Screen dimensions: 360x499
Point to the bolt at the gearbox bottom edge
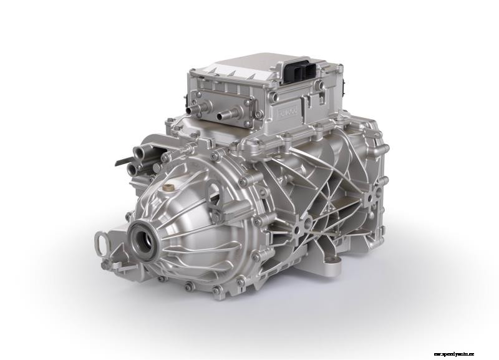pyautogui.click(x=216, y=289)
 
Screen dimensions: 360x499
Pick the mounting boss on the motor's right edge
pyautogui.click(x=373, y=195)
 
